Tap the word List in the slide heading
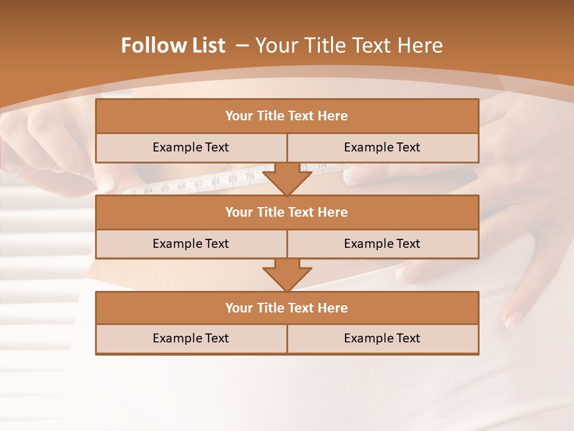[205, 45]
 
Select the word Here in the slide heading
[422, 45]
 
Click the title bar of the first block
[287, 116]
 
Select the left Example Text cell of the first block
[191, 147]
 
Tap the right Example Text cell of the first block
[383, 147]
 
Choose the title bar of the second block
[287, 212]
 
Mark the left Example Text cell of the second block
[191, 244]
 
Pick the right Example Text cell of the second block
[383, 244]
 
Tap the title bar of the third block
[287, 308]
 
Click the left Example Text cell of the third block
[191, 338]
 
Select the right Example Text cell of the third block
[383, 338]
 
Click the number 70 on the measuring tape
[250, 177]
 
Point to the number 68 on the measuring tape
[216, 181]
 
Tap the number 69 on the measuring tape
[233, 178]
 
